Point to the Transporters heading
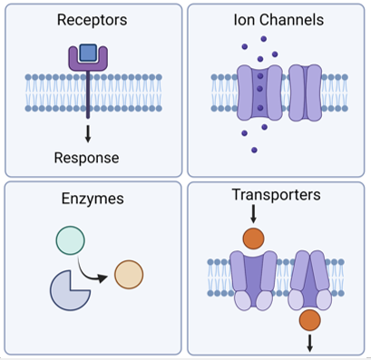[276, 195]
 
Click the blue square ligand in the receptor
[88, 54]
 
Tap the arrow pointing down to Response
[88, 134]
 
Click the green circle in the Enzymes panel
[71, 240]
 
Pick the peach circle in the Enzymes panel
[129, 274]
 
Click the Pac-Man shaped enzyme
[68, 289]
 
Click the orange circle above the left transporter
[253, 240]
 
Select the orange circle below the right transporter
[309, 319]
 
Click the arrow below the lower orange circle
[309, 344]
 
